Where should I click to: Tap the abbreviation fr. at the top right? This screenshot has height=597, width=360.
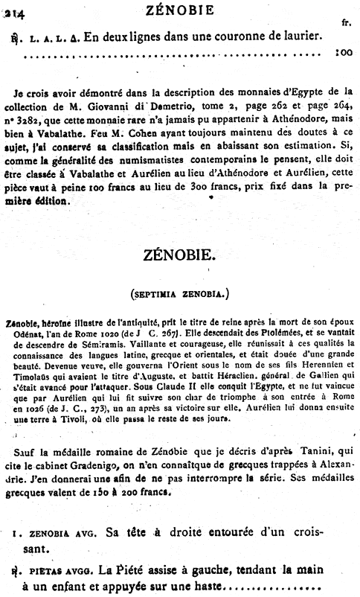pyautogui.click(x=346, y=24)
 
